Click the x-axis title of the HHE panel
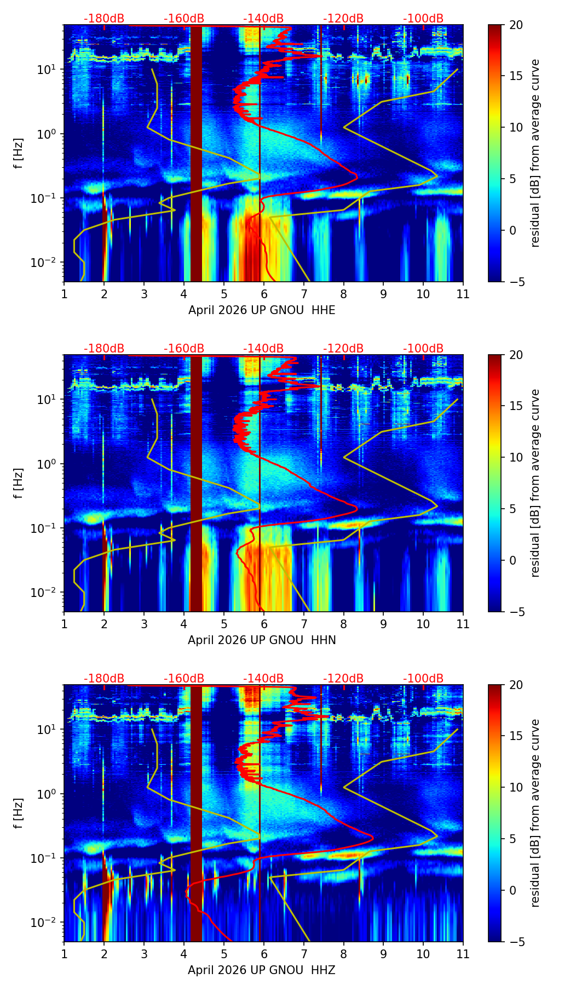coord(262,310)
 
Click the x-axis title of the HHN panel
coord(262,640)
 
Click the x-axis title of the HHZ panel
coord(262,970)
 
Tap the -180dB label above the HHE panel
coord(104,19)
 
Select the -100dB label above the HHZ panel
coord(423,679)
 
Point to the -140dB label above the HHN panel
coord(263,349)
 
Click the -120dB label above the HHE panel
coord(343,19)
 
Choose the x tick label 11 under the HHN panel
coord(463,624)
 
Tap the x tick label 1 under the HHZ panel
coord(64,954)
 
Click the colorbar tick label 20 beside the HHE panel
coord(516,25)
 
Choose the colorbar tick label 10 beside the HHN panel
coord(516,457)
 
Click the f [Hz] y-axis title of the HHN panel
coord(19,483)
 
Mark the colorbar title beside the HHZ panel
coord(535,813)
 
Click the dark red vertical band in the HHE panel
coord(196,153)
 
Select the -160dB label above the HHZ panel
coord(184,679)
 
